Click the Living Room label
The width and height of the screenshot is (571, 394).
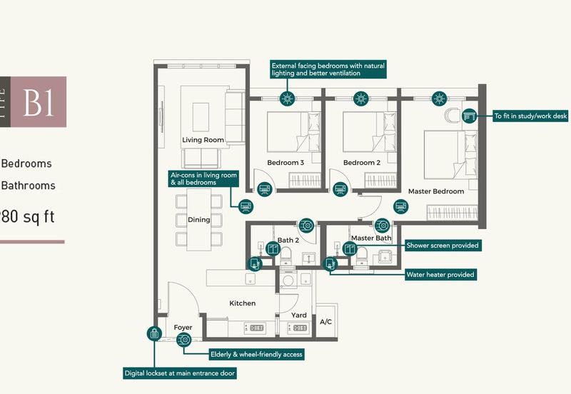[203, 140]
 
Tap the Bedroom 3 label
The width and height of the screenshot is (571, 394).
[285, 163]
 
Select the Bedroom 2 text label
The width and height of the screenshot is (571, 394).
[361, 163]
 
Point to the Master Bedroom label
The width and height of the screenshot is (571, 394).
[436, 191]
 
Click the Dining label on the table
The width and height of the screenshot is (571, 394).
[198, 220]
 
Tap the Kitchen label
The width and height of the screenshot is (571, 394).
[242, 303]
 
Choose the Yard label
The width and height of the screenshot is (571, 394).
[299, 315]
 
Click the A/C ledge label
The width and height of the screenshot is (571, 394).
[326, 322]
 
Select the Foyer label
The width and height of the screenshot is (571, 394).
[183, 328]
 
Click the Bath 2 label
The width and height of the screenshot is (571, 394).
[288, 240]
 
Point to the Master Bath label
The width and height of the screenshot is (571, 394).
[371, 238]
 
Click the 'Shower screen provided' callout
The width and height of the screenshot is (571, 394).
[442, 246]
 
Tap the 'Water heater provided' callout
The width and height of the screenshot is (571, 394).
[440, 274]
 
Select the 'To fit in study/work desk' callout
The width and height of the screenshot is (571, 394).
[530, 115]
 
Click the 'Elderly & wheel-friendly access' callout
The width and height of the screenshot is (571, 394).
[256, 354]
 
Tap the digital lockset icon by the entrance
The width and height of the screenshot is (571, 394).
[153, 333]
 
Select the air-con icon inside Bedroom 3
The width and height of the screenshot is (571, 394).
[264, 188]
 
